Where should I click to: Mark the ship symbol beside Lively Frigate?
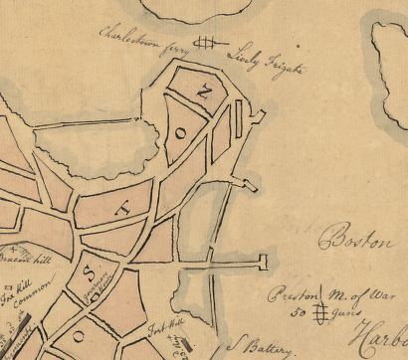click(206, 42)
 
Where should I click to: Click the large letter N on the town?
click(204, 92)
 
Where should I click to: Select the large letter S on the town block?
click(89, 270)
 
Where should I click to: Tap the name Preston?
click(297, 294)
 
